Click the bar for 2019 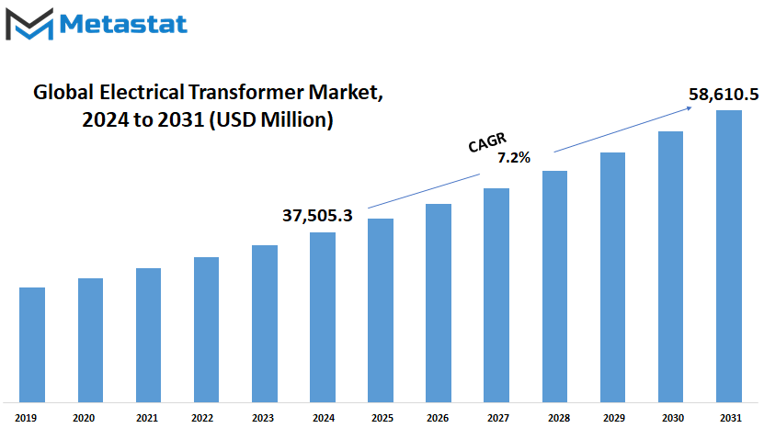(x=32, y=344)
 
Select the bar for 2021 (x=149, y=335)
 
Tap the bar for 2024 (x=323, y=318)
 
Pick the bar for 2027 (x=496, y=295)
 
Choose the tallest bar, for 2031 (x=729, y=256)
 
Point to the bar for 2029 (x=612, y=277)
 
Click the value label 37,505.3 (x=317, y=215)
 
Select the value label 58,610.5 (x=724, y=94)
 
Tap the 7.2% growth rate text (x=514, y=157)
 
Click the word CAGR (x=487, y=142)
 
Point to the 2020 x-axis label (x=84, y=418)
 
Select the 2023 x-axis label (x=263, y=418)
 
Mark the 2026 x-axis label (x=438, y=418)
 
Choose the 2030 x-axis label (x=673, y=418)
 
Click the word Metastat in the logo (x=123, y=25)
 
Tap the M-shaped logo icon (x=29, y=25)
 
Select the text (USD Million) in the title (x=271, y=119)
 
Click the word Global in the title (x=63, y=92)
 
